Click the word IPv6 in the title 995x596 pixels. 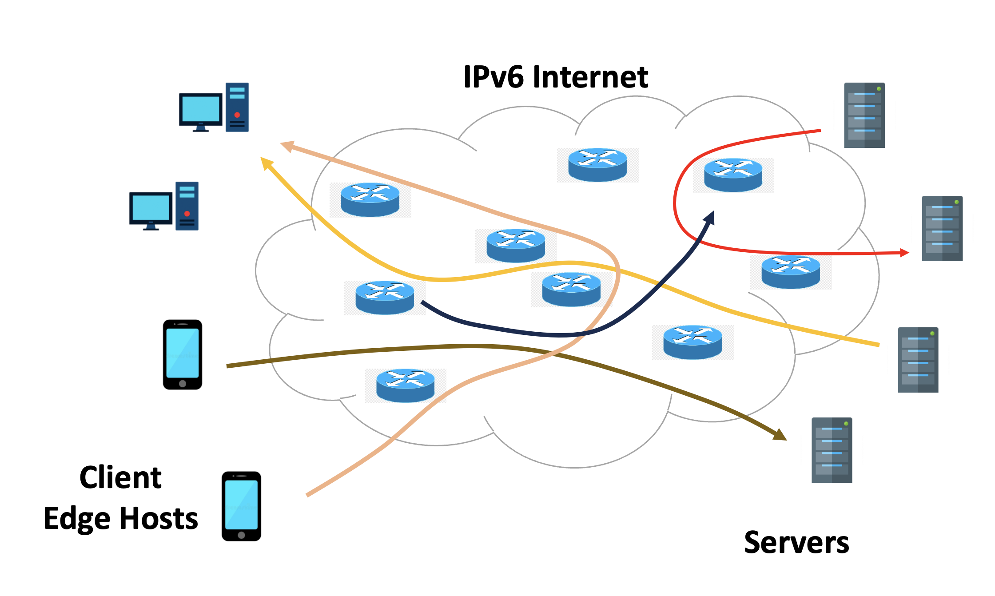[494, 77]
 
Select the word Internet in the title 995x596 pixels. [590, 77]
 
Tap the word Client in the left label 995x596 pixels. [120, 478]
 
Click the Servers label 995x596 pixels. [796, 543]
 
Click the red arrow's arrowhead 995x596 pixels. [904, 253]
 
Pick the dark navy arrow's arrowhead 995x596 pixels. [710, 217]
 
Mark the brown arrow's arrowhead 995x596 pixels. [780, 435]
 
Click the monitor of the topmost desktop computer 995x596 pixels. [200, 109]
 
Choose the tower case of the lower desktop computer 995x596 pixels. [187, 206]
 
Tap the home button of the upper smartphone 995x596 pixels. [183, 383]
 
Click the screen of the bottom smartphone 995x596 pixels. [241, 505]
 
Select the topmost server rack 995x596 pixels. [864, 115]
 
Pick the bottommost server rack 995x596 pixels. [832, 450]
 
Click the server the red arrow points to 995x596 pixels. [942, 228]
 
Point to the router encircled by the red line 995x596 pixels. [733, 175]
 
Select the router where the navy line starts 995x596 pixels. [385, 298]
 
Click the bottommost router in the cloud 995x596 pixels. [405, 385]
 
